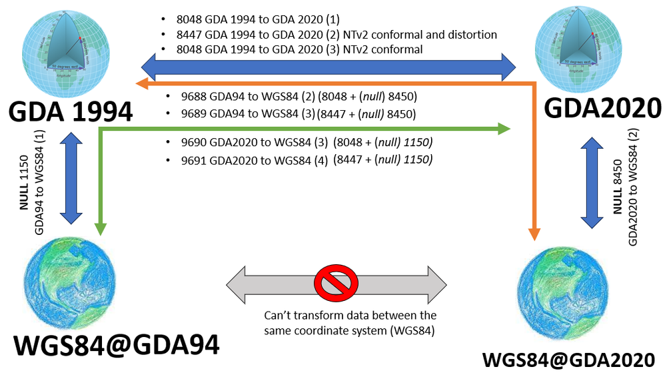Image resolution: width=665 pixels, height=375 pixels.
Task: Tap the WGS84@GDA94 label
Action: pos(117,346)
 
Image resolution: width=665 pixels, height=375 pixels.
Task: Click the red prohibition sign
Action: pos(336,286)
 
